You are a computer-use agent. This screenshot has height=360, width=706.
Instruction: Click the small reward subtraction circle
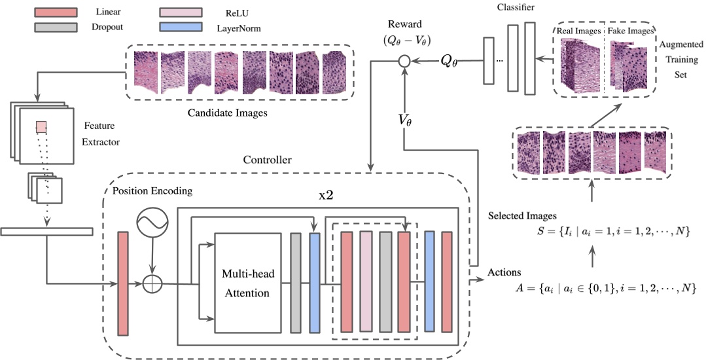pyautogui.click(x=404, y=62)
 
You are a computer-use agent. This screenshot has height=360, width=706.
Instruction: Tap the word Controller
pyautogui.click(x=267, y=160)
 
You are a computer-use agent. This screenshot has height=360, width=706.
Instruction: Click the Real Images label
pyautogui.click(x=578, y=31)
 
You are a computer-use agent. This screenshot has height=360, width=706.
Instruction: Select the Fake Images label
pyautogui.click(x=631, y=31)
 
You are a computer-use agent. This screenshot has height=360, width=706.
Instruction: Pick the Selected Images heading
pyautogui.click(x=523, y=215)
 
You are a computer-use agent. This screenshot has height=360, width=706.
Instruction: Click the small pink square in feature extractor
pyautogui.click(x=41, y=126)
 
